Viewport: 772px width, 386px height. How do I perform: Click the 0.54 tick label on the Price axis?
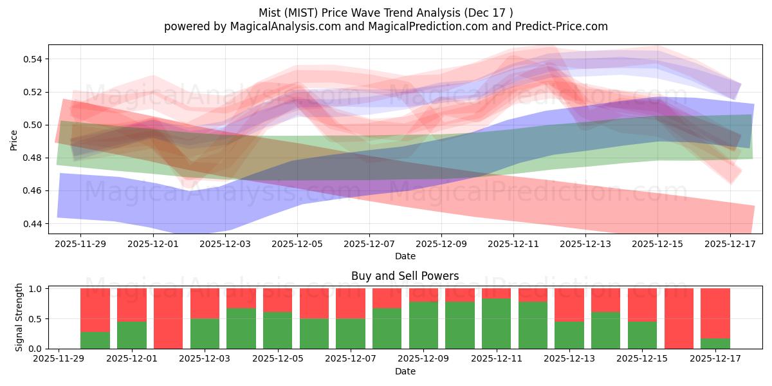click(x=32, y=59)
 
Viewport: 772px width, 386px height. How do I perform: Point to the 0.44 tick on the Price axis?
click(x=32, y=224)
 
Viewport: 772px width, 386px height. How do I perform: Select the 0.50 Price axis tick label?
click(x=32, y=125)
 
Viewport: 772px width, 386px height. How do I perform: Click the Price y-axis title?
click(x=14, y=139)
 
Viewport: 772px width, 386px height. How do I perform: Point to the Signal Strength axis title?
click(x=19, y=317)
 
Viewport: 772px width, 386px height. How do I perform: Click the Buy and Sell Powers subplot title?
click(x=405, y=276)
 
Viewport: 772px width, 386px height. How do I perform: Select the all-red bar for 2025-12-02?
click(x=168, y=318)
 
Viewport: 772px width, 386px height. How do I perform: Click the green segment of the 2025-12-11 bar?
click(x=496, y=324)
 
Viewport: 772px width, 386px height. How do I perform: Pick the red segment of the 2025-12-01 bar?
click(x=131, y=304)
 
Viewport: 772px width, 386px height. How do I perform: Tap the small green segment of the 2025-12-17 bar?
click(x=715, y=344)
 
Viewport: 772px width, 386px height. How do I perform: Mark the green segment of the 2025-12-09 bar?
click(x=423, y=326)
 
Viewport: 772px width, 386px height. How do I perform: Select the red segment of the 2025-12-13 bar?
click(x=569, y=304)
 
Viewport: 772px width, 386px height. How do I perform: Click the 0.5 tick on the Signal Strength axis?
click(x=38, y=319)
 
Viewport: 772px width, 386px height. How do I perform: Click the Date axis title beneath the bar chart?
click(x=405, y=371)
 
